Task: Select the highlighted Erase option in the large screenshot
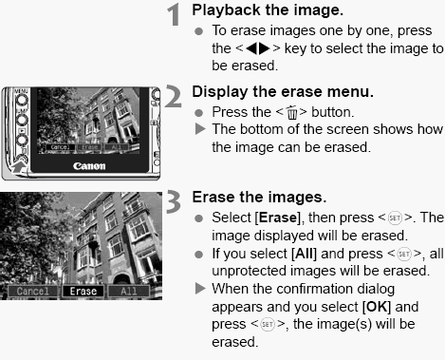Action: pos(83,291)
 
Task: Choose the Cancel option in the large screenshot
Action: pos(30,291)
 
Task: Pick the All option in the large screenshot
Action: pos(127,291)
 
